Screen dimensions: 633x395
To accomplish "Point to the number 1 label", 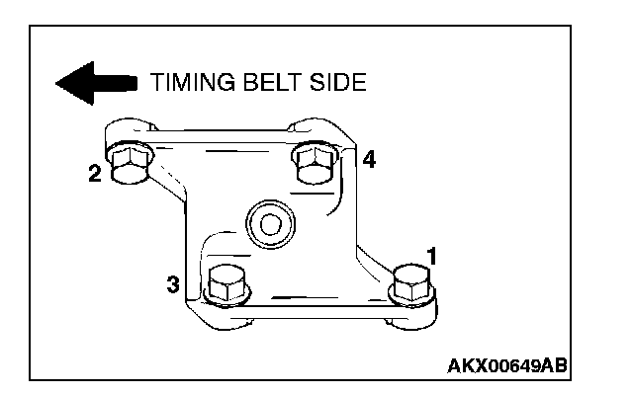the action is [431, 255].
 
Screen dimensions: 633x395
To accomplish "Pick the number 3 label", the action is [173, 285].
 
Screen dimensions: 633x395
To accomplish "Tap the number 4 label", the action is [368, 160].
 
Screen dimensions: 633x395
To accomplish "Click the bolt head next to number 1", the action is [410, 284].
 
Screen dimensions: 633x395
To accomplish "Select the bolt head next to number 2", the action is [129, 165].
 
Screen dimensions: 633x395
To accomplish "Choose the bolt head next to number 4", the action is [316, 163].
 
